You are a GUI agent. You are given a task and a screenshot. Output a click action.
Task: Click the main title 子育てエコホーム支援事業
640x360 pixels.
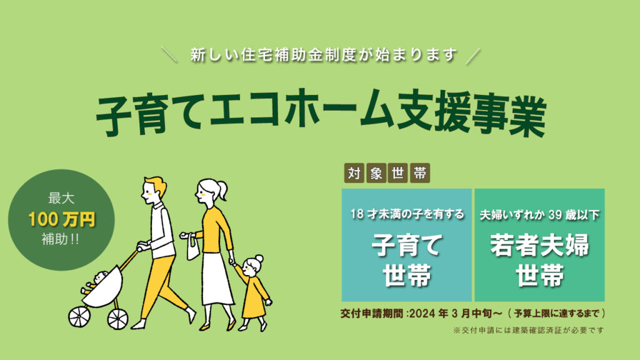click(x=321, y=112)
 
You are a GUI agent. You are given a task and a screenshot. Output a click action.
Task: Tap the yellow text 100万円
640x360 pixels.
click(x=62, y=219)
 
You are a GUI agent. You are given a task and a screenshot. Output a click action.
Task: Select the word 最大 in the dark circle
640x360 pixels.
click(x=61, y=198)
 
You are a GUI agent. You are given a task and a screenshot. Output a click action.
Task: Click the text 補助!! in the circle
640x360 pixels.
click(x=61, y=239)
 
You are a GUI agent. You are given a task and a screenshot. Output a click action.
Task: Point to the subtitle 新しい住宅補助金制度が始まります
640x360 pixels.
click(x=323, y=55)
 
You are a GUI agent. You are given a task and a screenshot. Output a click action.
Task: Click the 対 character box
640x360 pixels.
click(x=354, y=173)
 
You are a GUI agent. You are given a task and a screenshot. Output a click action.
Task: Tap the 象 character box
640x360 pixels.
click(x=376, y=173)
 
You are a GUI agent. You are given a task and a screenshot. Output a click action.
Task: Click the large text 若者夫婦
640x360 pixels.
click(x=539, y=245)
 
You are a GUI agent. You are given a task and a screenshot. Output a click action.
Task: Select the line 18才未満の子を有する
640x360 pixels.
click(x=407, y=214)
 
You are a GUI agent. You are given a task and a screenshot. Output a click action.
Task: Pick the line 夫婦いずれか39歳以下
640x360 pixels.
click(x=539, y=215)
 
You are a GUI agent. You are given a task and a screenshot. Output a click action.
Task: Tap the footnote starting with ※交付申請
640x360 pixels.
click(x=528, y=330)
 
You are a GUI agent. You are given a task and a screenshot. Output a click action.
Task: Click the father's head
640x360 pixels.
click(x=154, y=190)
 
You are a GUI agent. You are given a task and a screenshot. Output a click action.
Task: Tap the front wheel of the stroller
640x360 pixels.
click(x=79, y=316)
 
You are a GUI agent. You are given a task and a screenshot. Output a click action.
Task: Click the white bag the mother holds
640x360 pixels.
click(x=193, y=248)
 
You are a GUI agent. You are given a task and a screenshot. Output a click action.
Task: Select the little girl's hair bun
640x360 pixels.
click(x=258, y=259)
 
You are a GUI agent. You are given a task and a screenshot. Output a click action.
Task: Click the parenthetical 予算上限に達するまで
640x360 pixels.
click(x=557, y=314)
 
